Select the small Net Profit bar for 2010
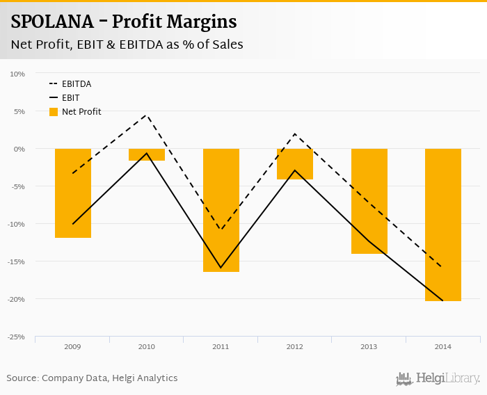pos(147,155)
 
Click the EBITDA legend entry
pos(76,84)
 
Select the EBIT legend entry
pos(71,98)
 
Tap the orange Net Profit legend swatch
pos(54,112)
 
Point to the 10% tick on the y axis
pos(18,74)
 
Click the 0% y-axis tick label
pos(19,149)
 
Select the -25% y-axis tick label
pos(17,337)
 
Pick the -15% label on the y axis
pos(17,261)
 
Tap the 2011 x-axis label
pos(221,346)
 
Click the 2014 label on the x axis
pos(443,346)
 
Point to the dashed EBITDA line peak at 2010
pos(147,115)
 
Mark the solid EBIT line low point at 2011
pos(221,268)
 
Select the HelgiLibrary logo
pos(438,378)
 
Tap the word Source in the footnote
pos(22,378)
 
